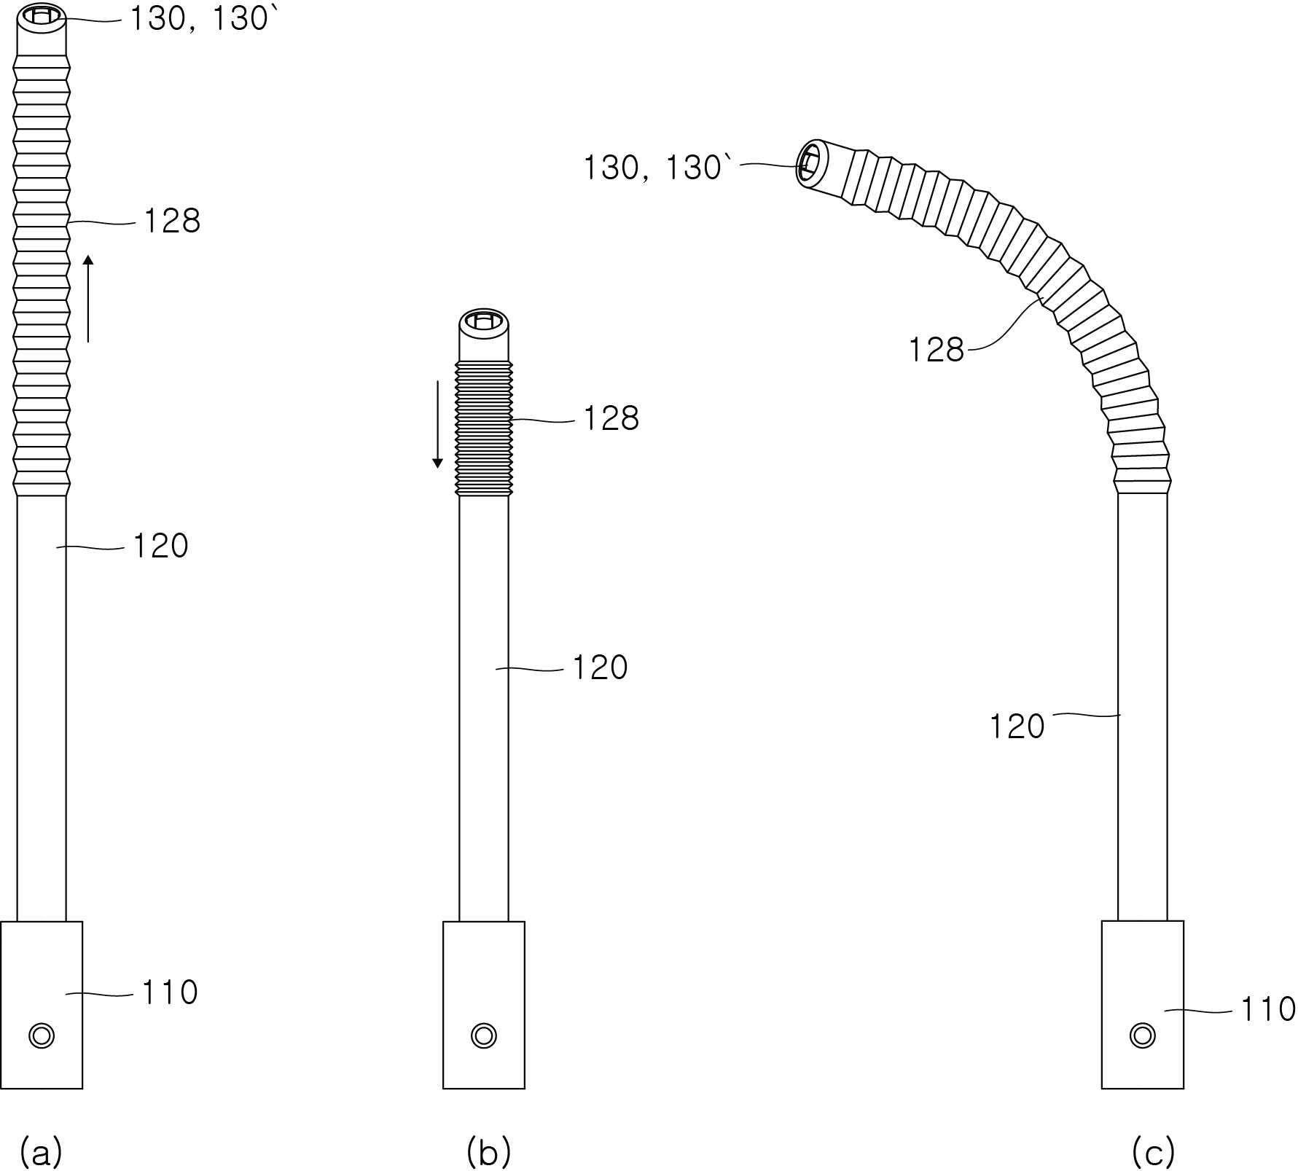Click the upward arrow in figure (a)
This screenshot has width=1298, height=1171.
coord(88,298)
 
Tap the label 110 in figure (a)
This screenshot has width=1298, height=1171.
coord(170,992)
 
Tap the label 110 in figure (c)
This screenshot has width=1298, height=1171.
coord(1267,1009)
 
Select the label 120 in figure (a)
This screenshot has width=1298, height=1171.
coord(160,546)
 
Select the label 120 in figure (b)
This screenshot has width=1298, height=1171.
coord(600,667)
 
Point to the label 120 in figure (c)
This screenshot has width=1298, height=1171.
coord(1017,727)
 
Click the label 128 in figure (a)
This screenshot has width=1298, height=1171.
coord(172,221)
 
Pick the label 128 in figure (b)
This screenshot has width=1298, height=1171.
coord(611,418)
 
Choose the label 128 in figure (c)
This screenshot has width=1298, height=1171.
coord(936,350)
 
